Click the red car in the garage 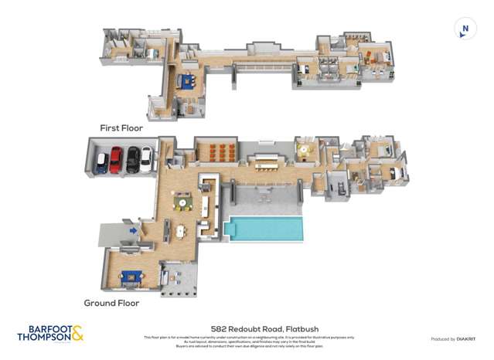click(115, 160)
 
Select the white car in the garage click(146, 160)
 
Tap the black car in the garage click(131, 160)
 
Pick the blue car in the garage click(101, 163)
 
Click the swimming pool click(263, 229)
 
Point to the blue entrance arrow click(134, 229)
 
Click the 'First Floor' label click(121, 127)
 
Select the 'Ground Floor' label click(112, 303)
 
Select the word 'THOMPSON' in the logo click(43, 338)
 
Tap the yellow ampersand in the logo click(77, 333)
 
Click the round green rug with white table click(183, 203)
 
